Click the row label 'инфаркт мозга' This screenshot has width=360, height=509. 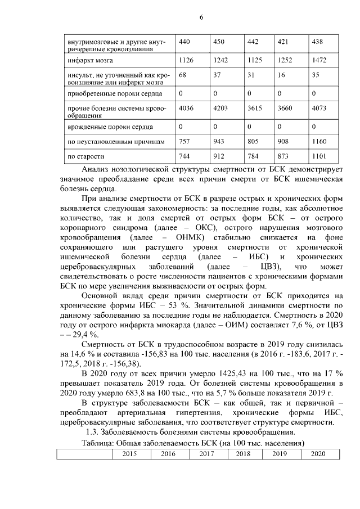pos(89,59)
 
